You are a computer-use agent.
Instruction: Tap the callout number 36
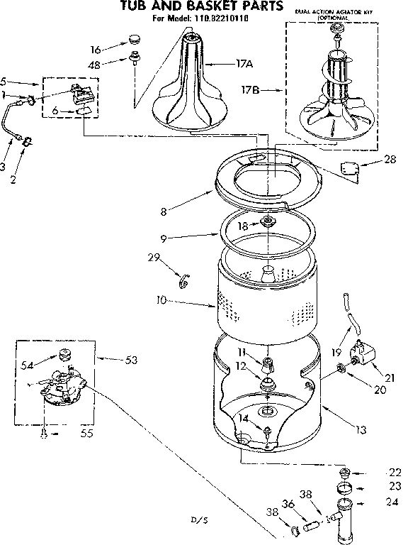pyautogui.click(x=288, y=505)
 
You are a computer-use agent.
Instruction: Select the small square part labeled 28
pyautogui.click(x=348, y=169)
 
